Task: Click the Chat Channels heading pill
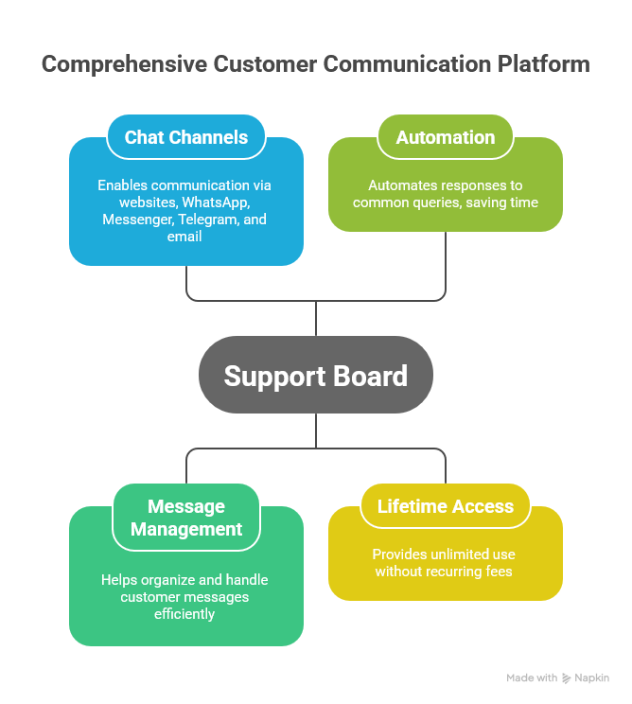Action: (185, 137)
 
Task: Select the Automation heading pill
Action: (445, 137)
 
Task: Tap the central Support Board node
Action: (315, 376)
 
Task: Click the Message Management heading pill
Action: (186, 519)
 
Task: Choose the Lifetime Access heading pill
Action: (445, 506)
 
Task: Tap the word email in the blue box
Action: (185, 237)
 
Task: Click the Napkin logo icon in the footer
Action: (567, 678)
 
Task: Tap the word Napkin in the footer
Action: (593, 678)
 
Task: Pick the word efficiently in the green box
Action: (185, 614)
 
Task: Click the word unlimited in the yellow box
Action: (455, 554)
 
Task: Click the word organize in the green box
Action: (164, 580)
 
